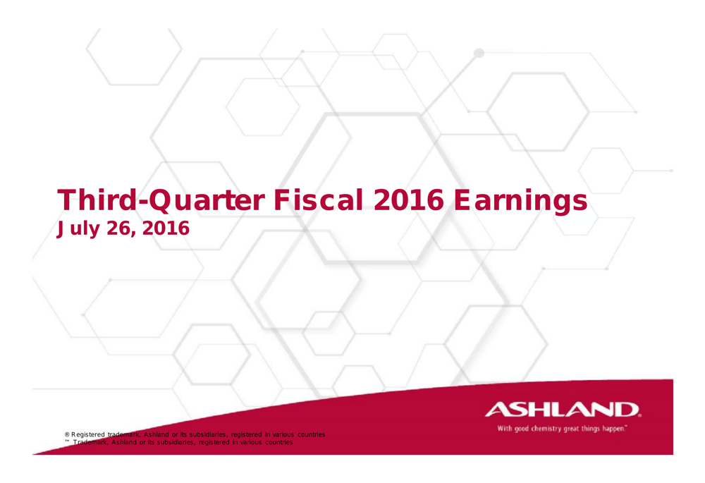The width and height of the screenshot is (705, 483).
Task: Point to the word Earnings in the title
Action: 520,201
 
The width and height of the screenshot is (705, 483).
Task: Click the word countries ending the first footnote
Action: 310,434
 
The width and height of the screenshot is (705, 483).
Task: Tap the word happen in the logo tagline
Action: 614,427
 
